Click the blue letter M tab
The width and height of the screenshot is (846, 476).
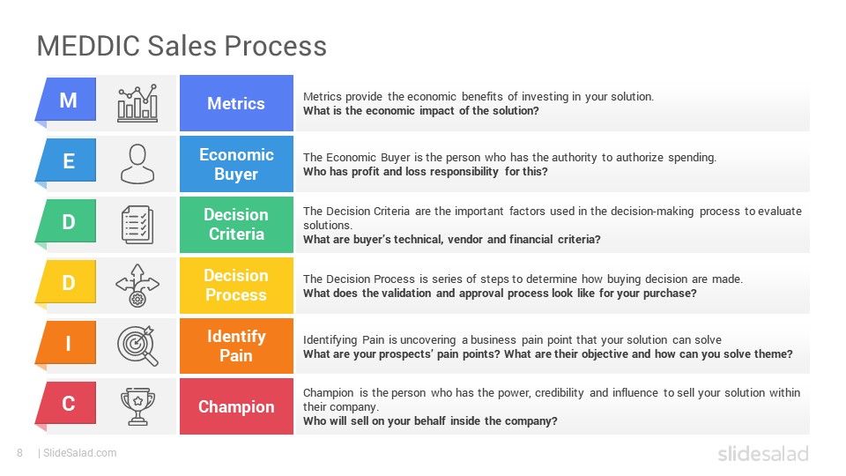click(66, 100)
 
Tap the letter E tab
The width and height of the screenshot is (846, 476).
click(66, 160)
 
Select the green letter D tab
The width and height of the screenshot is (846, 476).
click(66, 222)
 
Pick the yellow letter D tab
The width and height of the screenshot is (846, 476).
click(66, 282)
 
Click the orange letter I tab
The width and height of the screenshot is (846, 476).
click(66, 343)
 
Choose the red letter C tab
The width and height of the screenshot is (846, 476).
click(66, 404)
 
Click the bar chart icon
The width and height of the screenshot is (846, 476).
click(137, 103)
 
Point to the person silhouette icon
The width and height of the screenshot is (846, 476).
click(137, 164)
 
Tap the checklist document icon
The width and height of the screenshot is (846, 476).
click(137, 225)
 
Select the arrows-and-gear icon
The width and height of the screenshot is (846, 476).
click(137, 286)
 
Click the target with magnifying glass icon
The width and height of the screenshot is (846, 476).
click(138, 346)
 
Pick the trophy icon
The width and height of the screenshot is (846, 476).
click(137, 406)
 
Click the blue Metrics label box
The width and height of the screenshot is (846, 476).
click(236, 103)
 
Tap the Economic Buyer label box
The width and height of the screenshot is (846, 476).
click(236, 164)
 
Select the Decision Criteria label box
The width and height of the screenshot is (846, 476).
click(236, 225)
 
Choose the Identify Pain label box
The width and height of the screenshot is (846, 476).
click(236, 346)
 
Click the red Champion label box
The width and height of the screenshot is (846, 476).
click(236, 406)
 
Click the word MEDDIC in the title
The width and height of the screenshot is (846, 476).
click(88, 46)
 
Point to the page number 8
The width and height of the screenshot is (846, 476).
click(20, 453)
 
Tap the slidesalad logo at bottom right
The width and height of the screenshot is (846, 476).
click(763, 453)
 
